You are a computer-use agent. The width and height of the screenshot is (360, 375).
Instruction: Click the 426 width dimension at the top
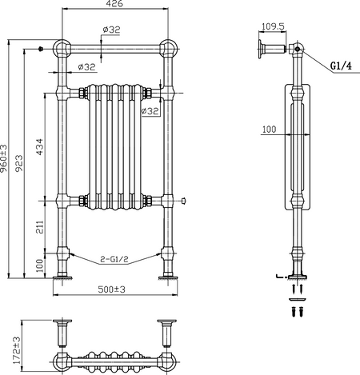(114, 4)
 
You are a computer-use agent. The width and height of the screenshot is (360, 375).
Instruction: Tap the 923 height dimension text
(18, 163)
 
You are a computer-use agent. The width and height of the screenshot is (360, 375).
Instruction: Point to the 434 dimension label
(39, 147)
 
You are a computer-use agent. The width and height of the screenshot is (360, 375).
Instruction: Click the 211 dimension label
(39, 227)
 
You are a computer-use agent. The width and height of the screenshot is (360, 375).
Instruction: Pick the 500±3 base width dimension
(111, 289)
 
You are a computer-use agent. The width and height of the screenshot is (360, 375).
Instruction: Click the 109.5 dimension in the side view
(273, 26)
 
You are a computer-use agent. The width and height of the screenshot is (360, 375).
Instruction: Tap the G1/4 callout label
(341, 66)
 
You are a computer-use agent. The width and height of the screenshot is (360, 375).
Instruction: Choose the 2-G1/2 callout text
(114, 259)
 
